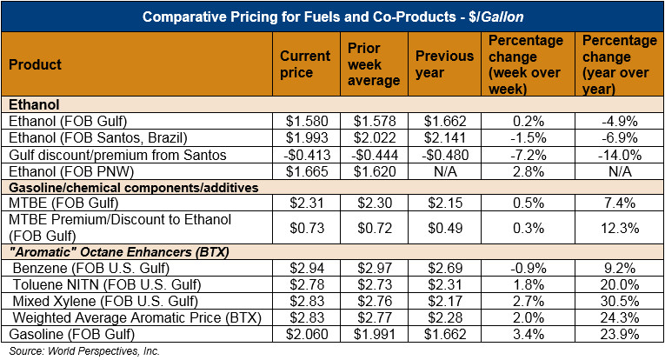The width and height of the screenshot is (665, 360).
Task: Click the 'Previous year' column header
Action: click(443, 63)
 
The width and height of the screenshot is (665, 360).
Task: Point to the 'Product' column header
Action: click(34, 64)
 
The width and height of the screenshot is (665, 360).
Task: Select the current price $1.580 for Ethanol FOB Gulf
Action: click(304, 122)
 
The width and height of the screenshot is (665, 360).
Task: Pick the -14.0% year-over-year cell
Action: click(619, 155)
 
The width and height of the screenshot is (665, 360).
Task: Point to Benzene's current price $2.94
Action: click(304, 266)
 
